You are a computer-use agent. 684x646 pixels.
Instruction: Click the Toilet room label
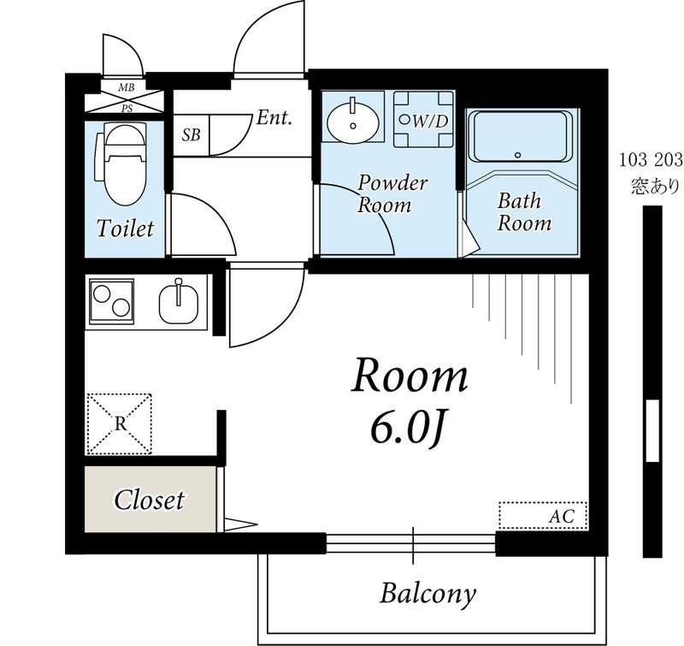pos(125,228)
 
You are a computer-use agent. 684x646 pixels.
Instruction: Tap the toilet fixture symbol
pos(121,164)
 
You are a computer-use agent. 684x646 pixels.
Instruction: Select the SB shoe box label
pos(191,135)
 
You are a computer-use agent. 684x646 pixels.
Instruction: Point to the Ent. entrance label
pos(274,118)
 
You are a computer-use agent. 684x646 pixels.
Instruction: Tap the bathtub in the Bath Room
pos(523,137)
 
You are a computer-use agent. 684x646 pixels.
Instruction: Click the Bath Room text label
pos(524,212)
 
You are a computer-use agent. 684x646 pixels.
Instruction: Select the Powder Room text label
pos(392,194)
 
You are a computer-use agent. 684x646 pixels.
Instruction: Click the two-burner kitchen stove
pos(111,301)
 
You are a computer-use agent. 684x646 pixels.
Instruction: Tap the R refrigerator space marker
pos(120,424)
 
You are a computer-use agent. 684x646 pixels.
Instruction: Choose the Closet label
pos(149,501)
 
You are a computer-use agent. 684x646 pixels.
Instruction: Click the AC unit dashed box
pos(543,515)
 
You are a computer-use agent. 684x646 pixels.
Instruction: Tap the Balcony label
pos(427,594)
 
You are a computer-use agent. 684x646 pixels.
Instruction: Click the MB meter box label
pos(127,87)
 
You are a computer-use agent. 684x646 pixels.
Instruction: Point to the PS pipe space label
pos(127,109)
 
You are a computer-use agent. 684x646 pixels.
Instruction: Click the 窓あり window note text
pos(655,187)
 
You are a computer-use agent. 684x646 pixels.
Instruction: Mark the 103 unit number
pos(634,161)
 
